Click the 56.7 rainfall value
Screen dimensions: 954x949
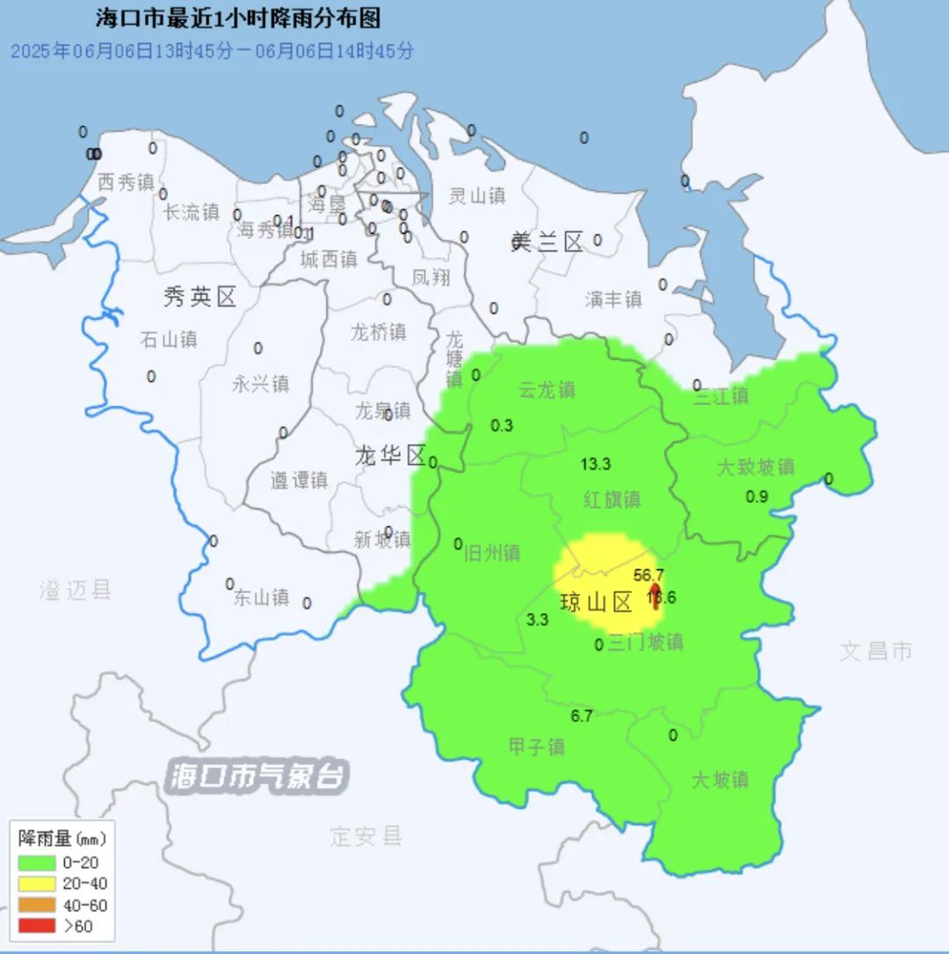coord(648,575)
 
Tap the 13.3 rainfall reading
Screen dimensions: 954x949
coord(596,465)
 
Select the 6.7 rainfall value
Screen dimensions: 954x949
coord(582,716)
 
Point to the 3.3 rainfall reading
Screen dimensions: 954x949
coord(537,619)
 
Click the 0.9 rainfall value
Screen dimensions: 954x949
coord(757,496)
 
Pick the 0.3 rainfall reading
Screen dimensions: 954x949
coord(502,425)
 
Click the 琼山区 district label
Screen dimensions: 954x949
coord(597,603)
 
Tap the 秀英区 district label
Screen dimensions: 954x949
coord(200,298)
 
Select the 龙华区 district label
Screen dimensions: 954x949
coord(390,455)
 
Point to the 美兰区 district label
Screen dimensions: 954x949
coord(547,242)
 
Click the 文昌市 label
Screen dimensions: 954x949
coord(876,651)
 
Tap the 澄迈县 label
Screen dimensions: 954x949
coord(76,589)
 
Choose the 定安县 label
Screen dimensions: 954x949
coord(366,835)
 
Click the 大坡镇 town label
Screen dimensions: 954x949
coord(720,779)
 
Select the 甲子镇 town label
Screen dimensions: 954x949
coord(537,748)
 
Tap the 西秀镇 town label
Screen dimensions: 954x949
coord(126,183)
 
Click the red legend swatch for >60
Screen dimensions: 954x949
coord(37,925)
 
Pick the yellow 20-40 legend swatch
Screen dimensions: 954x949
coord(37,884)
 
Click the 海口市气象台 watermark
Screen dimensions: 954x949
coord(259,777)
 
